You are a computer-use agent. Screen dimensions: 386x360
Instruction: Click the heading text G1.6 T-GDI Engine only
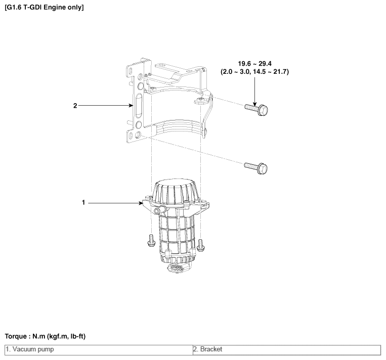[45, 8]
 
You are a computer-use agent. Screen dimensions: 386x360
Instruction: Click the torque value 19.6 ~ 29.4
[254, 64]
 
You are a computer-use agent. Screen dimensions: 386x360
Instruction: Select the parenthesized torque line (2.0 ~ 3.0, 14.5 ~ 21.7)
[254, 72]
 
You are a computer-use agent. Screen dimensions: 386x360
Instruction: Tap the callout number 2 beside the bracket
[75, 106]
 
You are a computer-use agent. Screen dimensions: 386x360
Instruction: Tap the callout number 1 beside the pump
[83, 203]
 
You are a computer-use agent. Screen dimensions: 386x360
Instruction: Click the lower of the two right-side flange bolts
[256, 168]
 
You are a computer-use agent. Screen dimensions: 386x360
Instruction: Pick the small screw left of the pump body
[151, 240]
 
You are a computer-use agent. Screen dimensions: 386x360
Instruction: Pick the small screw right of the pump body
[201, 245]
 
